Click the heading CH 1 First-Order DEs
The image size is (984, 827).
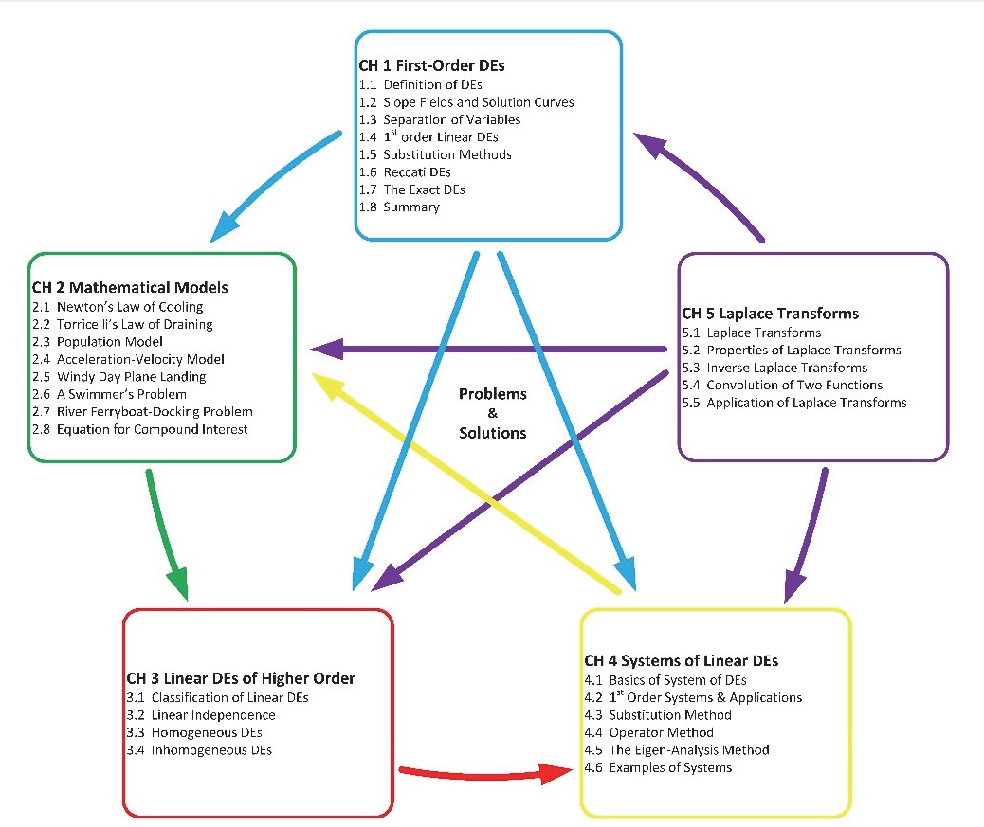point(431,66)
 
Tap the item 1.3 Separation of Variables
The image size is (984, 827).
point(440,119)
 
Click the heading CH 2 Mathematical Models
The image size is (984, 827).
point(129,287)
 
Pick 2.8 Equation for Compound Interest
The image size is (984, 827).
point(139,429)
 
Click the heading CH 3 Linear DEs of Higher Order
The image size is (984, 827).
point(241,678)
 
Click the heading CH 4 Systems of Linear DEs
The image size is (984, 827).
point(682,660)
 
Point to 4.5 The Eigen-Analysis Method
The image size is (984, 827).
point(677,749)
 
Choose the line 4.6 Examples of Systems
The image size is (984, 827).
point(658,767)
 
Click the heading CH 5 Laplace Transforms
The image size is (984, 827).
point(770,314)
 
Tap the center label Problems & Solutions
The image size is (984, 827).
point(492,412)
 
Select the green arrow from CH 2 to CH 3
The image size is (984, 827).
point(165,530)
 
